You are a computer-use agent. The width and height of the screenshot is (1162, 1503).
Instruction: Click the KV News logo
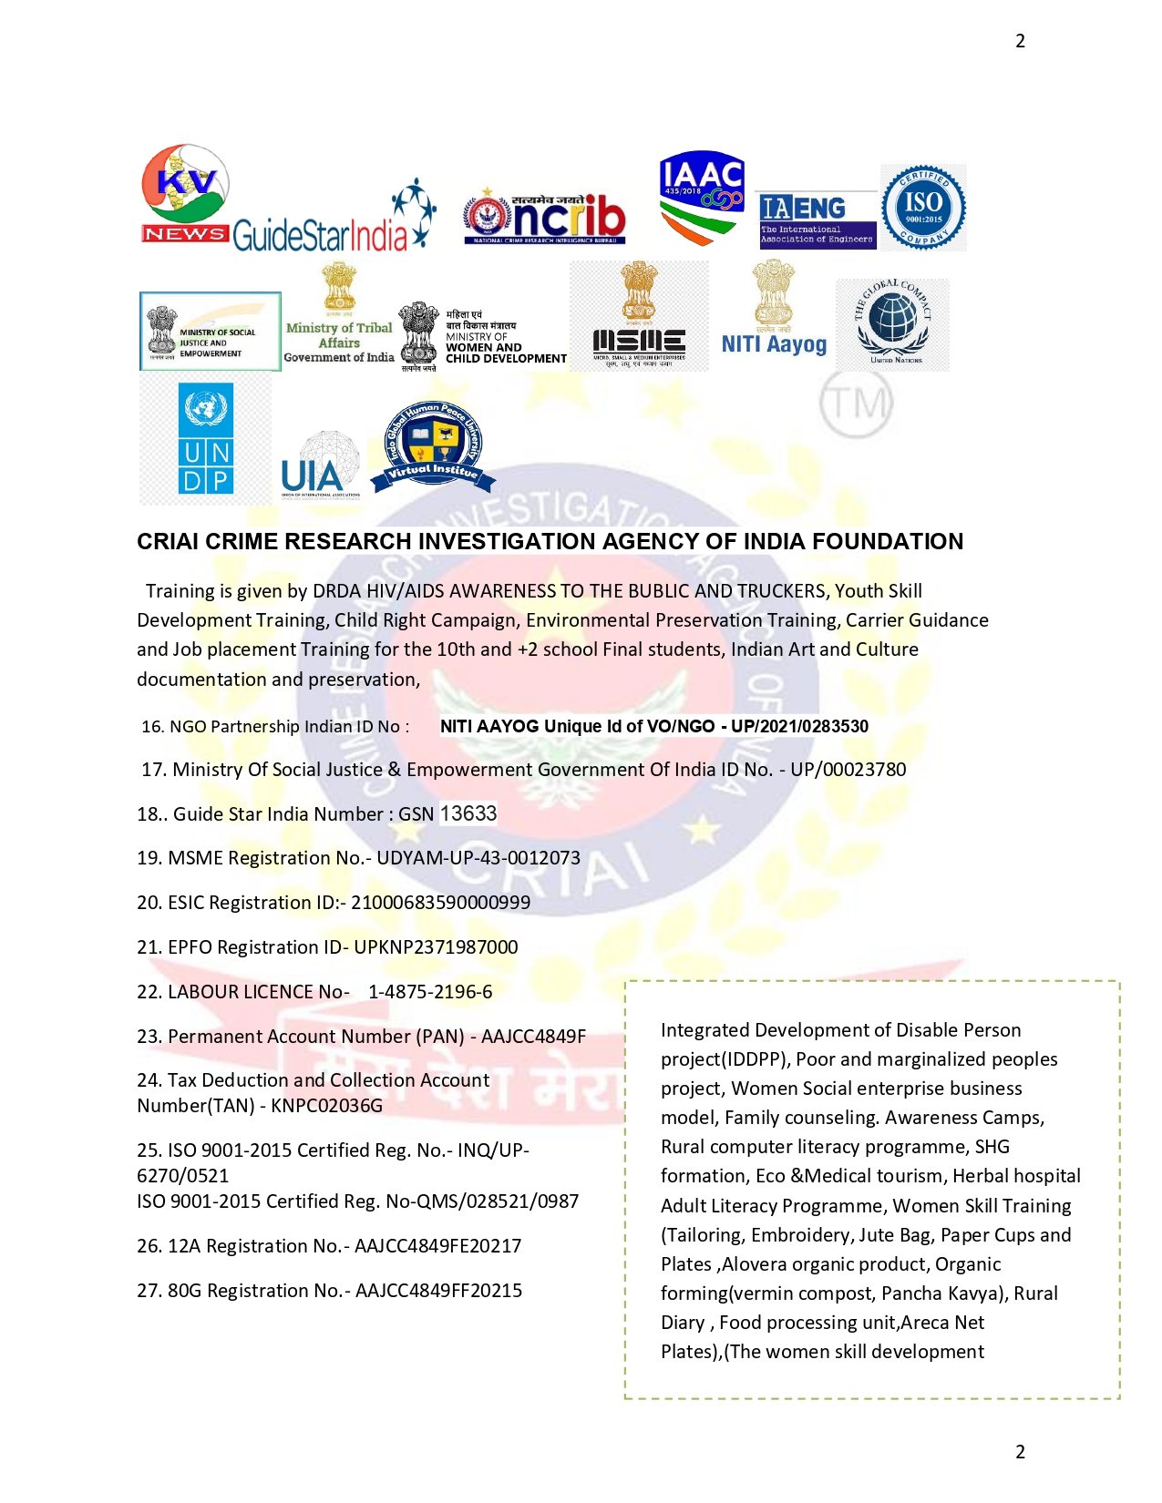(x=185, y=193)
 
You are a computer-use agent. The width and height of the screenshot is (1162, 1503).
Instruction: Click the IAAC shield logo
(x=702, y=197)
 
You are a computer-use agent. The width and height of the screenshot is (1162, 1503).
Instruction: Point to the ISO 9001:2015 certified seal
(x=922, y=207)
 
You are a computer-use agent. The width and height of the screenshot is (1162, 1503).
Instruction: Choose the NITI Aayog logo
(x=774, y=310)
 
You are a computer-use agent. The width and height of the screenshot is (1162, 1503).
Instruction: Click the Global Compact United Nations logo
(x=893, y=323)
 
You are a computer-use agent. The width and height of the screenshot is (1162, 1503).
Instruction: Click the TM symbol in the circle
(x=855, y=403)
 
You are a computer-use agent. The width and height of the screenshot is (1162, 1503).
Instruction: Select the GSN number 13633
(x=468, y=813)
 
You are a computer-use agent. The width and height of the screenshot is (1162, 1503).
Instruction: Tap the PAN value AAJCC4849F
(x=533, y=1037)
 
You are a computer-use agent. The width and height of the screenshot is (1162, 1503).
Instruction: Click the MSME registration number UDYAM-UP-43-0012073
(x=478, y=858)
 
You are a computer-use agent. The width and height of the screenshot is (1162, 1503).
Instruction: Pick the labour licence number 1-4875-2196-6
(x=430, y=992)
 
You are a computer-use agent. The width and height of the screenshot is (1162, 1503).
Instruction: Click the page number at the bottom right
(x=1020, y=1451)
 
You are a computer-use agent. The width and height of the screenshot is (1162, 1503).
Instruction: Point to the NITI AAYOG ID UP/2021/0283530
(x=799, y=726)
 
